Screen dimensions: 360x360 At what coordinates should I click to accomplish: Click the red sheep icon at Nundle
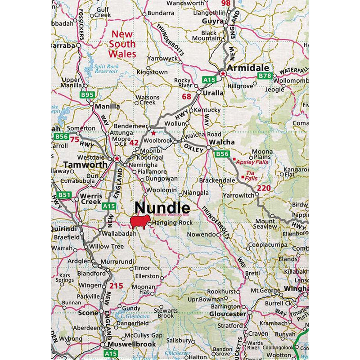coord(140,222)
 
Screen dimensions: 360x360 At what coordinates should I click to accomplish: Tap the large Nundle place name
coord(162,208)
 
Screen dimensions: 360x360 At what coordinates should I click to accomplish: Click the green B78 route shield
coord(265,76)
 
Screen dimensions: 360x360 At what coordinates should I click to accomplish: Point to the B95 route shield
coord(87,95)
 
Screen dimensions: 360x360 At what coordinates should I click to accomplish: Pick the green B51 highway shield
coord(65,195)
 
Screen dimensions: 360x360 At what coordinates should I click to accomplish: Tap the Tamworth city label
coord(85,165)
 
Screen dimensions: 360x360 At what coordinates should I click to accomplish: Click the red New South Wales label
coord(123,44)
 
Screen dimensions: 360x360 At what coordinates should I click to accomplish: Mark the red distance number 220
coord(264,188)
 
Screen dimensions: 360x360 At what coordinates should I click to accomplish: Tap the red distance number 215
coord(116,286)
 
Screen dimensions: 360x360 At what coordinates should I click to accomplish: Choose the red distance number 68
coord(186,96)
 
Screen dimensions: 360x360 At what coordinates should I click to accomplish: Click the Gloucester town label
coord(228,314)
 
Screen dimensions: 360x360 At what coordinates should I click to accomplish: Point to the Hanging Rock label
coord(172,223)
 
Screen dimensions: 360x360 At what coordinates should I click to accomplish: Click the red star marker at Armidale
coord(222,73)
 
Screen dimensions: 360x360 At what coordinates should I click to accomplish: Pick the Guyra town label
coord(213,21)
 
